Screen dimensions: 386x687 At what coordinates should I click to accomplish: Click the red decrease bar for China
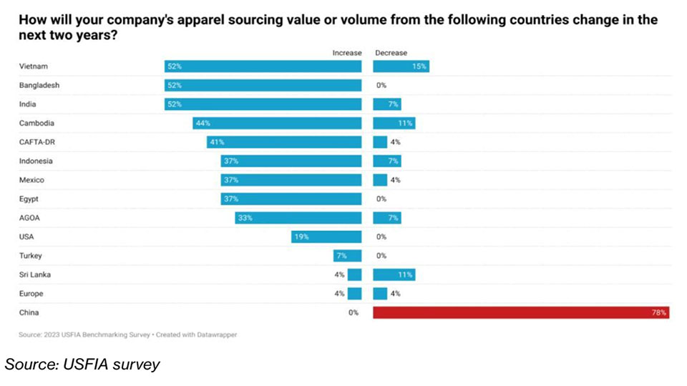pyautogui.click(x=521, y=312)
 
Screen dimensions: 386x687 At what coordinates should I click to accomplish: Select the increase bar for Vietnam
pyautogui.click(x=263, y=66)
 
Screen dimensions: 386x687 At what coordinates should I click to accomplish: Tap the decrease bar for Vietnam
pyautogui.click(x=401, y=66)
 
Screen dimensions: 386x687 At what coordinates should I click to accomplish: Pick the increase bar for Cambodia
pyautogui.click(x=277, y=123)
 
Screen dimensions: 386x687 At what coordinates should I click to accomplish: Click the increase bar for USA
pyautogui.click(x=326, y=237)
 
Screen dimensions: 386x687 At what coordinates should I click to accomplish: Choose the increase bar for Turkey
pyautogui.click(x=348, y=255)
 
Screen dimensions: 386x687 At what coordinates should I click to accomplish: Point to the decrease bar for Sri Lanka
pyautogui.click(x=394, y=274)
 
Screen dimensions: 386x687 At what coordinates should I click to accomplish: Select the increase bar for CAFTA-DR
pyautogui.click(x=284, y=142)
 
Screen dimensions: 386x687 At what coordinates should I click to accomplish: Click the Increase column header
pyautogui.click(x=347, y=53)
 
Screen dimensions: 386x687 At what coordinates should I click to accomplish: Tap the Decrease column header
pyautogui.click(x=391, y=53)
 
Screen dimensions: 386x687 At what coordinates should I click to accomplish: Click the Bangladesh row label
pyautogui.click(x=39, y=85)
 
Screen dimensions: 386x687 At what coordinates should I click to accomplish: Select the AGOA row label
pyautogui.click(x=29, y=217)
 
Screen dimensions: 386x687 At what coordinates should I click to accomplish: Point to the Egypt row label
pyautogui.click(x=29, y=199)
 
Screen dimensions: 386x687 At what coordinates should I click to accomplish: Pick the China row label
pyautogui.click(x=29, y=312)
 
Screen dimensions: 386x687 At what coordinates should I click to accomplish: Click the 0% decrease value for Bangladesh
pyautogui.click(x=381, y=85)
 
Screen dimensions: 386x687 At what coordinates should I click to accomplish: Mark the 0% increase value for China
pyautogui.click(x=353, y=312)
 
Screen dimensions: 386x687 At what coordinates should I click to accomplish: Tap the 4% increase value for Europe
pyautogui.click(x=339, y=293)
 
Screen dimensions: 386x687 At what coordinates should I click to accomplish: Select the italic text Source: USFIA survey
pyautogui.click(x=82, y=365)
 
